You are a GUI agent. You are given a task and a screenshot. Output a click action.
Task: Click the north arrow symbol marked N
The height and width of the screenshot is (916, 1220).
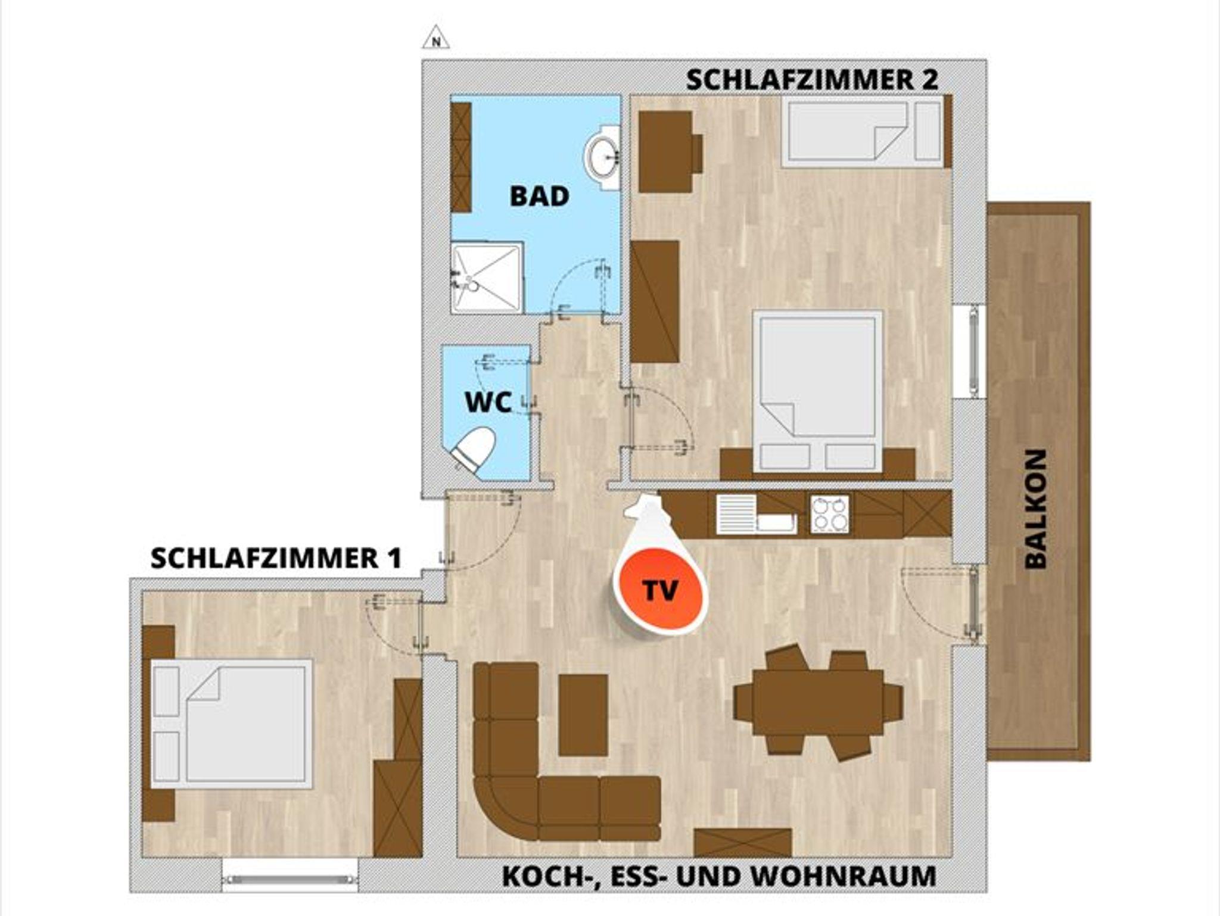coord(436,38)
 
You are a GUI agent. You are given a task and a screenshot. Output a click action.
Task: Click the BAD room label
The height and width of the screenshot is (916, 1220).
coord(540,197)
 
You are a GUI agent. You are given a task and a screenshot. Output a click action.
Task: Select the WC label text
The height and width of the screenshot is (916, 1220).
coord(488,403)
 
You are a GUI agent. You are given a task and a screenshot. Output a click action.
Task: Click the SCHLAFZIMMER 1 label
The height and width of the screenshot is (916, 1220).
coord(276,559)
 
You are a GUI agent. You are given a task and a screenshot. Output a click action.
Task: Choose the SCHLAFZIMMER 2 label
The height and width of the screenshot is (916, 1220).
coord(813,80)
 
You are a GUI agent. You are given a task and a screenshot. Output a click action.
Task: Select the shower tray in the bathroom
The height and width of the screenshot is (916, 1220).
coord(487,277)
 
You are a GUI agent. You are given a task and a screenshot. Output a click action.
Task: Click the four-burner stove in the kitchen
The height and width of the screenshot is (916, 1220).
coord(829,514)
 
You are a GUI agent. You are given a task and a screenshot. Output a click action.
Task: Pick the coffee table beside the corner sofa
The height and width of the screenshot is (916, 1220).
coord(583,715)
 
